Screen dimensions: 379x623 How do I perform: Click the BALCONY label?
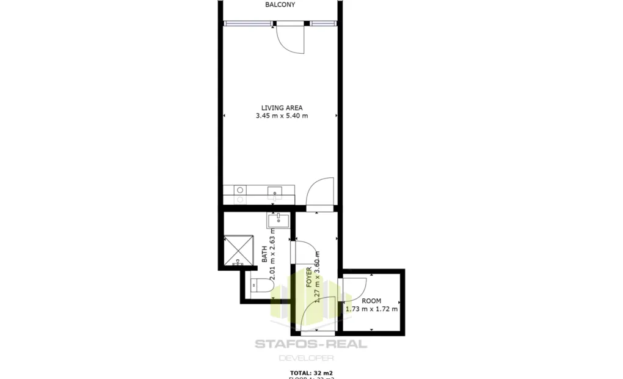click(280, 5)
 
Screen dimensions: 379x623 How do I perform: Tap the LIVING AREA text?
click(282, 108)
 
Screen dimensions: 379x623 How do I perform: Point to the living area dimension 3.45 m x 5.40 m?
click(282, 116)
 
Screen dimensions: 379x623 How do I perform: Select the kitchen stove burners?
click(240, 194)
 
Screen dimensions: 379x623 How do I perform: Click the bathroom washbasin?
click(278, 220)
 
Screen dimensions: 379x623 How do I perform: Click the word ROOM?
click(371, 301)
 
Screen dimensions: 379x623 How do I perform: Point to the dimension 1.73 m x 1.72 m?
click(371, 309)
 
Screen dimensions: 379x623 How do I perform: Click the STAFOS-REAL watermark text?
click(311, 344)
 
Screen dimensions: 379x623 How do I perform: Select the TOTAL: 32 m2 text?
click(311, 372)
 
